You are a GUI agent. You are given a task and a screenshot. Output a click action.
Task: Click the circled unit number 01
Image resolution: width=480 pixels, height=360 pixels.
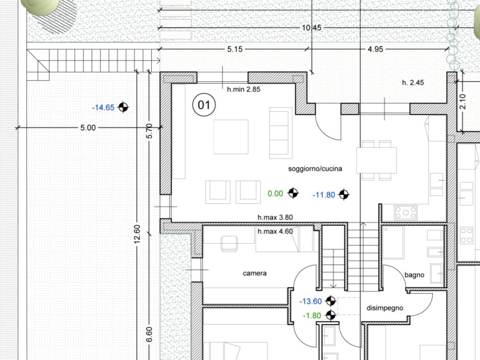pyautogui.click(x=204, y=105)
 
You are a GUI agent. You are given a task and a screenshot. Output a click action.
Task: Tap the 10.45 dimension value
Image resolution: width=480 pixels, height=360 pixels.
pyautogui.click(x=311, y=28)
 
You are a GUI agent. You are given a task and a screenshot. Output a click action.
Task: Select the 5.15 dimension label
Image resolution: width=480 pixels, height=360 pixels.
pyautogui.click(x=235, y=49)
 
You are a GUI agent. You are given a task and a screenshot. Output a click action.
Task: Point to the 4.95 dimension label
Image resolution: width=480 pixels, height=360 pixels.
pyautogui.click(x=375, y=49)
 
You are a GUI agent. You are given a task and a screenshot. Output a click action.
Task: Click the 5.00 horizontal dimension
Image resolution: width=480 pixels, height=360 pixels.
pyautogui.click(x=88, y=128)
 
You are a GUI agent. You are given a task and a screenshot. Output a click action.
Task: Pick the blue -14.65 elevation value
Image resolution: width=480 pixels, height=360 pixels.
pyautogui.click(x=103, y=108)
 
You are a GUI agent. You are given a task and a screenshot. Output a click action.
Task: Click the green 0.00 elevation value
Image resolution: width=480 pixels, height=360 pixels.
pyautogui.click(x=275, y=194)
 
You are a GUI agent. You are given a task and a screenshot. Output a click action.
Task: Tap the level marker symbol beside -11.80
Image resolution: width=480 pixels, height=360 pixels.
pyautogui.click(x=344, y=194)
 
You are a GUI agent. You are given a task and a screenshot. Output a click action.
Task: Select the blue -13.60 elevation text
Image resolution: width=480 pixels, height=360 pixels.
pyautogui.click(x=310, y=302)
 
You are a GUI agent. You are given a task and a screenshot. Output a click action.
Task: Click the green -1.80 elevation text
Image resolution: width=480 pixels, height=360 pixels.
pyautogui.click(x=312, y=316)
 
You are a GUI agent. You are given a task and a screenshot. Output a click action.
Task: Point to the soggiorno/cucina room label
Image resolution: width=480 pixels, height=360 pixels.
pyautogui.click(x=315, y=169)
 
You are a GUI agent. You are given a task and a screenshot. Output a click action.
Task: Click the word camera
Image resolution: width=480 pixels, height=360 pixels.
pyautogui.click(x=255, y=273)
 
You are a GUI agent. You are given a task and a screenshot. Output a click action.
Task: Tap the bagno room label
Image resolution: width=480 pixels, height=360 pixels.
pyautogui.click(x=414, y=275)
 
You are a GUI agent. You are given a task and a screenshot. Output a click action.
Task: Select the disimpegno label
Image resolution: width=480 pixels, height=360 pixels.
pyautogui.click(x=385, y=308)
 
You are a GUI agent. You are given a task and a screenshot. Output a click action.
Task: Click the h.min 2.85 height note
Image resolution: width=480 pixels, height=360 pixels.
pyautogui.click(x=244, y=89)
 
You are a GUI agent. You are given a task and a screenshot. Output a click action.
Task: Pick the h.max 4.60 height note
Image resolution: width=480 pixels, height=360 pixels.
pyautogui.click(x=275, y=231)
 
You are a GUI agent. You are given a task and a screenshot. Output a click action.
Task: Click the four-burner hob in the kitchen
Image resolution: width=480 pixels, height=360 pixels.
pyautogui.click(x=406, y=212)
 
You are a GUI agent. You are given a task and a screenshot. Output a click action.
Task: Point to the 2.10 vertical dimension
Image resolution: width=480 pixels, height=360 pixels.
pyautogui.click(x=463, y=102)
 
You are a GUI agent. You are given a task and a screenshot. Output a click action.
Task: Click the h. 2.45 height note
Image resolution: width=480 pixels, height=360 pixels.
pyautogui.click(x=413, y=82)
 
